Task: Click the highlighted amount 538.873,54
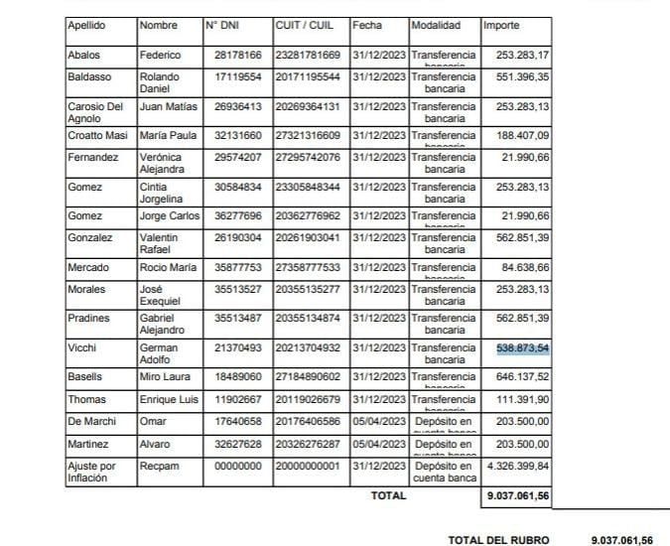[522, 347]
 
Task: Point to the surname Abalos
[83, 55]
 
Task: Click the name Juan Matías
[164, 106]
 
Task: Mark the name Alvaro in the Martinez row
[155, 444]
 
